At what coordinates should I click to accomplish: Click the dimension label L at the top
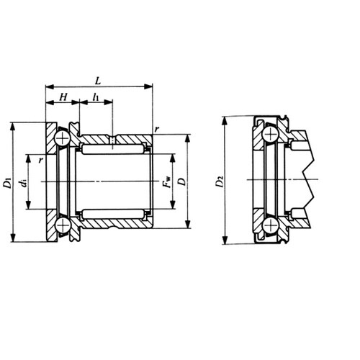98,81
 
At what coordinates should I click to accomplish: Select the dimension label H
63,97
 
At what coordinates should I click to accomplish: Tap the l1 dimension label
96,97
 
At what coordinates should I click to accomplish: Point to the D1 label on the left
7,183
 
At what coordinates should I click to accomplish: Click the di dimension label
24,183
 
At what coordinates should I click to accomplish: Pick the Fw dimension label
166,181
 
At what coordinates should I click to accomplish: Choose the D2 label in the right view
220,181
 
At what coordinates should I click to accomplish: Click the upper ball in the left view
62,138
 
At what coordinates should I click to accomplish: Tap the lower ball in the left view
62,225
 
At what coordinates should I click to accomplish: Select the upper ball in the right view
270,134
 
